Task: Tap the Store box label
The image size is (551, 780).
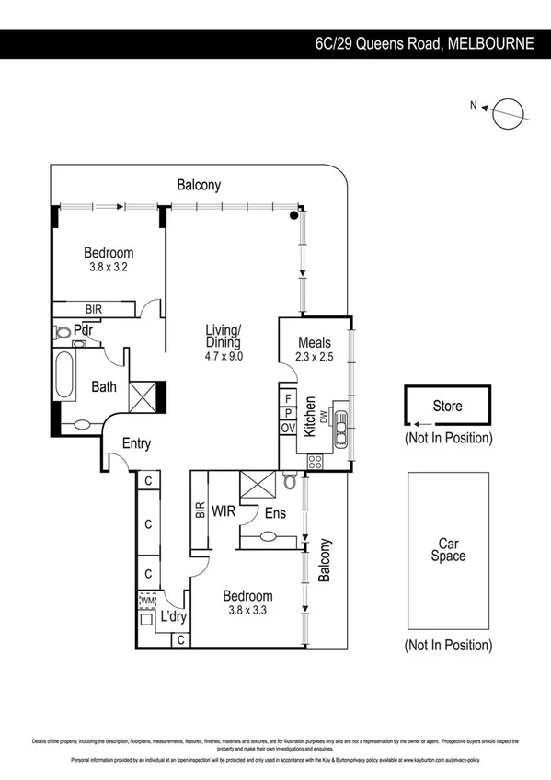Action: coord(448,406)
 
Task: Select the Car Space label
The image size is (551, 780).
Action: coord(448,549)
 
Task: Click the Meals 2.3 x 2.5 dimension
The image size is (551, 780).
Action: coord(314,358)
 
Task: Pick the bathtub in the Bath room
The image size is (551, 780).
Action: coord(63,375)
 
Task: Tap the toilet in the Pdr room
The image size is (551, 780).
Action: coord(62,330)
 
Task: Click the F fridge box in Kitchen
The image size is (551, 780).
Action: coord(288,398)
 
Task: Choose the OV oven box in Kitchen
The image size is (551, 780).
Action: coord(288,429)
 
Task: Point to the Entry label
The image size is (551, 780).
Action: coord(136,444)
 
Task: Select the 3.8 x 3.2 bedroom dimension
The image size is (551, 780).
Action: coord(109,267)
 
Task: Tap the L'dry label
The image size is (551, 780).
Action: coord(174,617)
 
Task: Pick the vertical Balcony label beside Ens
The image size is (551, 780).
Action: coord(324,560)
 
